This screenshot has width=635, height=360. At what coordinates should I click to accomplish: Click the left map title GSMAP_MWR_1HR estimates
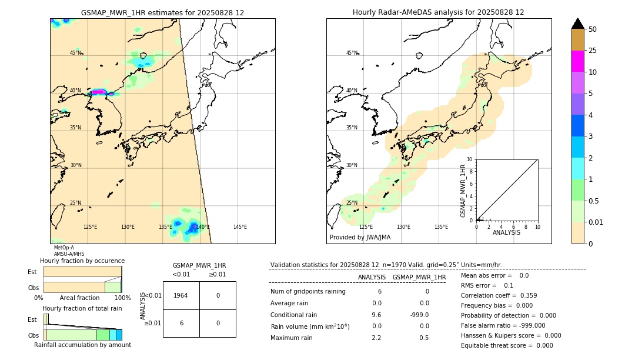coord(162,12)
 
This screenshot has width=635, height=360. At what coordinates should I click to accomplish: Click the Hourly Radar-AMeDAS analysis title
coord(438,12)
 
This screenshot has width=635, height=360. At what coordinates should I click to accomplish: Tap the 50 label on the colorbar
coord(593,29)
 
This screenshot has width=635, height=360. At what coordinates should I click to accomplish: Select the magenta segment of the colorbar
coord(577,61)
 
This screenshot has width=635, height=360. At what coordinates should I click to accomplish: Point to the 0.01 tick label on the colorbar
coord(596,222)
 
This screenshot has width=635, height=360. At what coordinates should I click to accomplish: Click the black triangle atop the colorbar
coord(577,24)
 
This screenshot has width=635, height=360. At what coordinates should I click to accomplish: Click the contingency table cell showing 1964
coord(181,295)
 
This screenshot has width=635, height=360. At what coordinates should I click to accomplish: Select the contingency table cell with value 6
coord(181,323)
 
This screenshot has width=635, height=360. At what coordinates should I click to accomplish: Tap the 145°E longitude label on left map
coord(240,227)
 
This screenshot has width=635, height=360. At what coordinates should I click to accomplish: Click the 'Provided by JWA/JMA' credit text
coord(360,238)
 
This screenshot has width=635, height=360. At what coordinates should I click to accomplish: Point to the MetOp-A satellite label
coord(63,248)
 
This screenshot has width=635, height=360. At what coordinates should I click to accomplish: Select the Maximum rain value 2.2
coord(376,338)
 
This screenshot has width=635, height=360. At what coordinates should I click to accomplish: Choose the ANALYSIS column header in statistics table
coord(372,278)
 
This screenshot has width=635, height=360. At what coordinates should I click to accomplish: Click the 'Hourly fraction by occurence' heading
coord(82,261)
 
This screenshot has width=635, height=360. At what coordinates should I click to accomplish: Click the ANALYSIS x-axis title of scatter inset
coord(506,232)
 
